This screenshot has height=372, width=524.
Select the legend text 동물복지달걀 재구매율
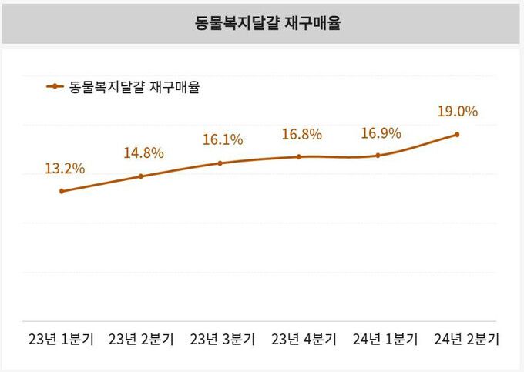135,87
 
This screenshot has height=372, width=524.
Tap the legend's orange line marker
55,87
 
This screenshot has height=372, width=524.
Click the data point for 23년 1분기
62,191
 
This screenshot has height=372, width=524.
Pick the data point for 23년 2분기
141,176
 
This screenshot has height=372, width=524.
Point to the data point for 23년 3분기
220,163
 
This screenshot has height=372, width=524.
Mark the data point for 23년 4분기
299,157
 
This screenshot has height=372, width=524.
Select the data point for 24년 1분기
378,156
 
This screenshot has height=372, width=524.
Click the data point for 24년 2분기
458,135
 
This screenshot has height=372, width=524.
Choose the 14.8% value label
143,152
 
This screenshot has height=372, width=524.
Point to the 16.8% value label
301,134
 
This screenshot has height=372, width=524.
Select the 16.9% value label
381,133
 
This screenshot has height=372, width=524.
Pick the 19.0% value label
458,111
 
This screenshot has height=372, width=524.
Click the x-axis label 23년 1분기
61,339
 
